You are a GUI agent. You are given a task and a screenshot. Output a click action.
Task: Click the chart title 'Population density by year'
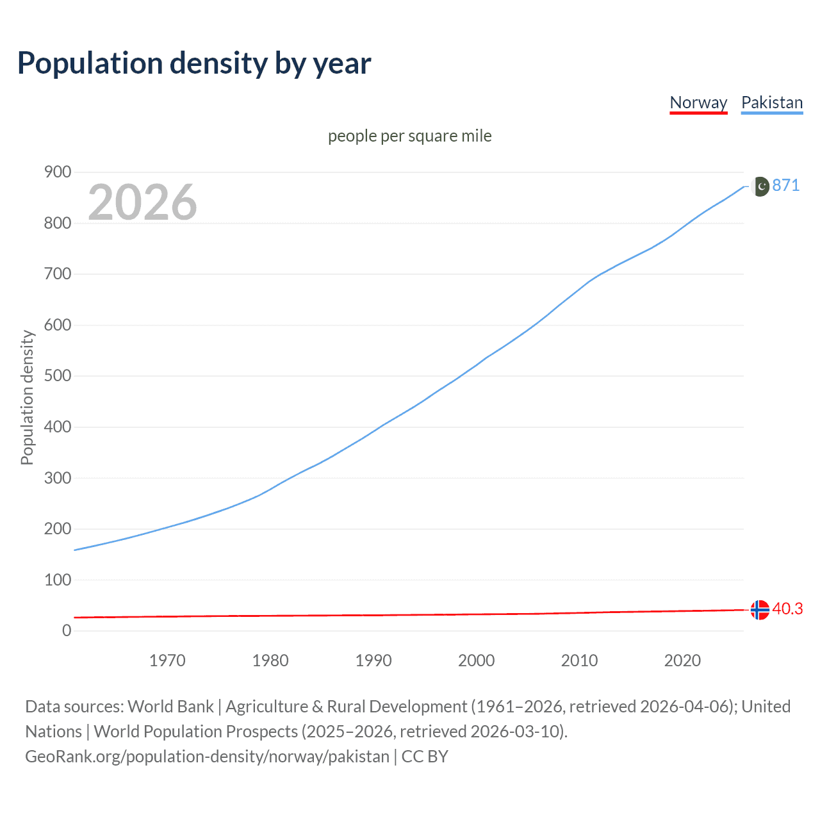pos(194,63)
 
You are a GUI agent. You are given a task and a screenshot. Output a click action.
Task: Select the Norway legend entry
pos(698,102)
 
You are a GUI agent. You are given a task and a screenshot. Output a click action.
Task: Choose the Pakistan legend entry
pos(772,102)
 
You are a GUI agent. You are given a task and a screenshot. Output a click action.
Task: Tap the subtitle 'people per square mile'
pos(409,136)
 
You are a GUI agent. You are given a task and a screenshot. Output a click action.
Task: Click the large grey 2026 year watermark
pos(142,202)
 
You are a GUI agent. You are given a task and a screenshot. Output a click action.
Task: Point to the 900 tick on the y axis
pos(57,172)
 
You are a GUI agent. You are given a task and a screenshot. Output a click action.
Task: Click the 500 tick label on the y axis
pos(57,375)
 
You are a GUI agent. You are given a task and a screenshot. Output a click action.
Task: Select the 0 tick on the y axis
pos(67,630)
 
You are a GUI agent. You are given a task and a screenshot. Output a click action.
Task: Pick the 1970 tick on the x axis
pos(167,660)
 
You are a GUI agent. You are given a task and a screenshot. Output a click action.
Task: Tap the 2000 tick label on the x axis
pos(476,660)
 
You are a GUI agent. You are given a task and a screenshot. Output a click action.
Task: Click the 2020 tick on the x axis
pos(682,660)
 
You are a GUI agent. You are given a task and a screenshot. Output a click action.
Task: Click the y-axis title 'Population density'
pos(27,397)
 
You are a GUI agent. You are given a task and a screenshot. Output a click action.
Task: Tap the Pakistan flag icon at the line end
pos(760,186)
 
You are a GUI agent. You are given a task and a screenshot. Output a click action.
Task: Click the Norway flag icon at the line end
pos(760,610)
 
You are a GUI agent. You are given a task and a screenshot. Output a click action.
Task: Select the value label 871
pos(786,186)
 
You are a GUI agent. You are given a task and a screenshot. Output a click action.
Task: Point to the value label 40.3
pos(787,609)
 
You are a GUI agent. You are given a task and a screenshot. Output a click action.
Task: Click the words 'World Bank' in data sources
pos(170,707)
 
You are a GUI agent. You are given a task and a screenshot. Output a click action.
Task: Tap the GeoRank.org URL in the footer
pos(207,757)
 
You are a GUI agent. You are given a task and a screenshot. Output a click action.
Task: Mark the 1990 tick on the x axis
pos(373,660)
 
